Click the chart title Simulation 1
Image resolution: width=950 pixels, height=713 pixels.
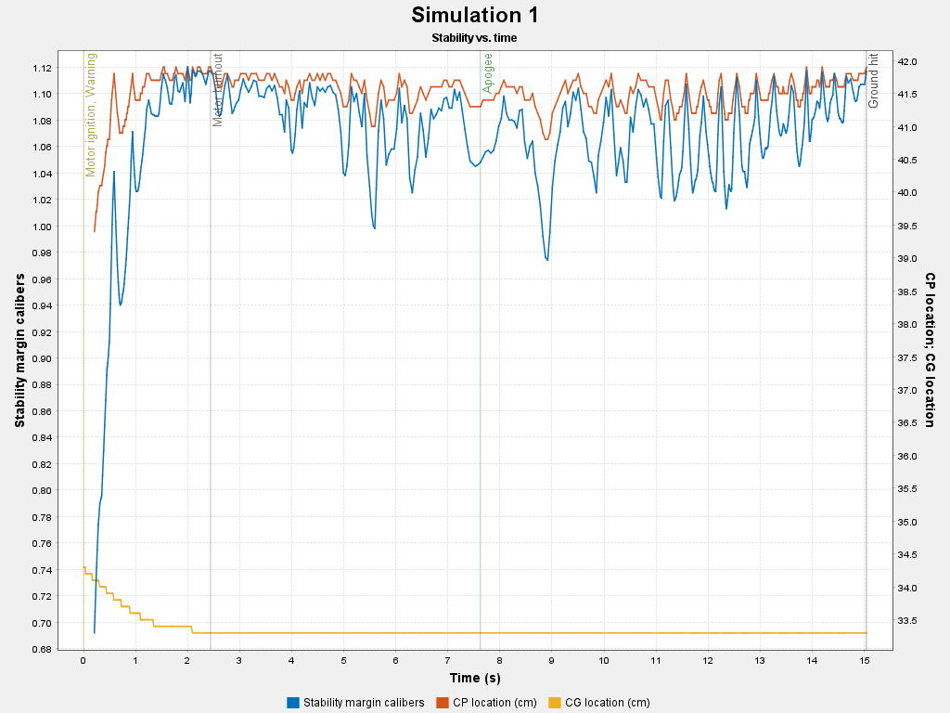tap(474, 16)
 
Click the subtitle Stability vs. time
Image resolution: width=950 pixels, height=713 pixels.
tap(474, 38)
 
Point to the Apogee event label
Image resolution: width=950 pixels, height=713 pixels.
tap(488, 73)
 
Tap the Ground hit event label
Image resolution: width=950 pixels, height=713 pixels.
tap(874, 80)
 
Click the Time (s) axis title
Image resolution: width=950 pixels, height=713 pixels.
tap(474, 679)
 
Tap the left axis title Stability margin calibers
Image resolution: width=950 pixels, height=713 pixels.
tap(19, 350)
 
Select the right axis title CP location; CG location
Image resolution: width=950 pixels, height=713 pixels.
tap(930, 350)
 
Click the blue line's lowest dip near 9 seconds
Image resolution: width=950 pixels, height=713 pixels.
tap(547, 260)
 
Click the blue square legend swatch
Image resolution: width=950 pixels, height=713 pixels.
tap(293, 702)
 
